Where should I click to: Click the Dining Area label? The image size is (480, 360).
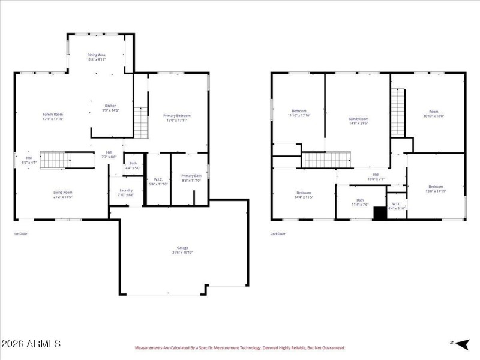97,57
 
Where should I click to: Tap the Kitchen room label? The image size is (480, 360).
110,108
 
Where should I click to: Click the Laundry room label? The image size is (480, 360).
126,193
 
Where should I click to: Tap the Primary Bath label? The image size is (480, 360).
191,178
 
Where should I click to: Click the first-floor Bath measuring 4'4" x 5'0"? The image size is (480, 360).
133,166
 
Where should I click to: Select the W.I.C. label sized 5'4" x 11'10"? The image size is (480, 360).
158,181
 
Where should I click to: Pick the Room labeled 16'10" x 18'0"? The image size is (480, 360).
433,113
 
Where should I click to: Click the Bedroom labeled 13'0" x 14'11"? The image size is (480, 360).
436,189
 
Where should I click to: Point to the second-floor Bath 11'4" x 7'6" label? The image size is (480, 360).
360,202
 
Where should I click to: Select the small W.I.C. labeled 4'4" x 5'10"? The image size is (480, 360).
397,206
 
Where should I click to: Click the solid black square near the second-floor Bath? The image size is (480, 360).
380,213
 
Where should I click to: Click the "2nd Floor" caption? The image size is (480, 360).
278,234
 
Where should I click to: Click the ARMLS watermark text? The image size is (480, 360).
31,344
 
